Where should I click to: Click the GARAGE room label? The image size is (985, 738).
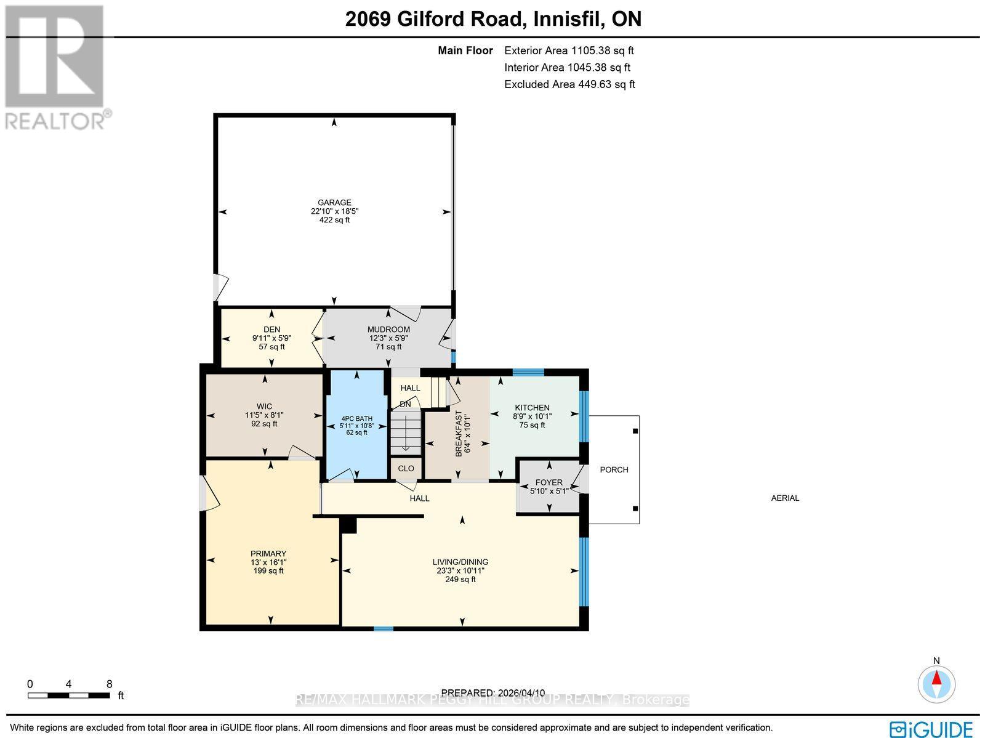coord(334,202)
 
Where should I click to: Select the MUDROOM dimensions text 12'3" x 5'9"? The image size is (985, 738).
coord(388,338)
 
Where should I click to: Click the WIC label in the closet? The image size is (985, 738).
coord(265,407)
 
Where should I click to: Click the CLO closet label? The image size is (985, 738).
coord(406,468)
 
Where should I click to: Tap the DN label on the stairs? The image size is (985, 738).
coord(405,405)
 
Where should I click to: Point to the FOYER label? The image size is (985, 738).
coord(549,482)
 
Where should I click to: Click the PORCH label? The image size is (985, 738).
coord(614,469)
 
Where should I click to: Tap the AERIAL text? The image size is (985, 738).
coord(785,498)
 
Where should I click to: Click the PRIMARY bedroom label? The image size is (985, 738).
coord(268,553)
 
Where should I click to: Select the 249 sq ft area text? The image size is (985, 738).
coord(460,579)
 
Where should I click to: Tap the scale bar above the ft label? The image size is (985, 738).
coord(69,695)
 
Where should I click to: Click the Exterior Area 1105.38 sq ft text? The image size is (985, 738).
coord(569,51)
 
